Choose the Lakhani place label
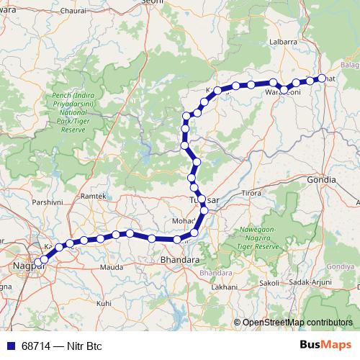click(x=225, y=287)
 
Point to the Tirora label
click(x=251, y=194)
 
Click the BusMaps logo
click(x=325, y=346)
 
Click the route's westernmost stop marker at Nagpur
click(x=37, y=264)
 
